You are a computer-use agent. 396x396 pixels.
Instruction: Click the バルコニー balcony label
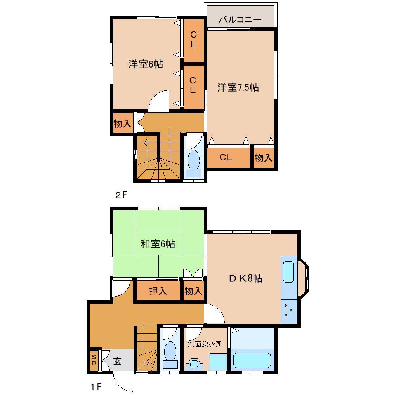click(240, 20)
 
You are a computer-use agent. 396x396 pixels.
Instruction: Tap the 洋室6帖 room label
click(146, 64)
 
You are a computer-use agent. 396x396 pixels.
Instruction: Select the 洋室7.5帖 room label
click(238, 87)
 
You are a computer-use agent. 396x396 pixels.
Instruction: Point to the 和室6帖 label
click(157, 244)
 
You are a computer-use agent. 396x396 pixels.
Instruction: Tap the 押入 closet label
click(158, 291)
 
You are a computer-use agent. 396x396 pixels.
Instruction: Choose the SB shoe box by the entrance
click(94, 361)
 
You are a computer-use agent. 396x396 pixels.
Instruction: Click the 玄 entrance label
click(117, 361)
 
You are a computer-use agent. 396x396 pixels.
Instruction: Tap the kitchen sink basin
click(288, 272)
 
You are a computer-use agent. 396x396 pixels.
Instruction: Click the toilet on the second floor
click(193, 160)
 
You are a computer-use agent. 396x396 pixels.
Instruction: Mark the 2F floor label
click(121, 196)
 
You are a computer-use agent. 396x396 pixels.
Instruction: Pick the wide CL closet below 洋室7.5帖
click(226, 157)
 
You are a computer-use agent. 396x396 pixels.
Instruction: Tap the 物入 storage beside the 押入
click(193, 291)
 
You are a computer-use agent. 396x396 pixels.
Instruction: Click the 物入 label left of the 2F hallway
click(122, 124)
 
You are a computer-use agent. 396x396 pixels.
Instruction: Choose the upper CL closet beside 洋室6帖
click(193, 40)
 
